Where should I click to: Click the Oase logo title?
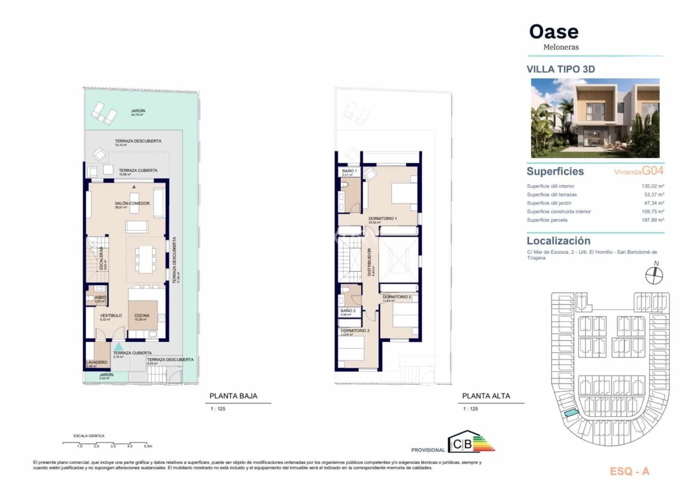(554, 32)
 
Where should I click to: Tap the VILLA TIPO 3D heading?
(560, 69)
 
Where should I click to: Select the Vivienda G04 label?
(638, 171)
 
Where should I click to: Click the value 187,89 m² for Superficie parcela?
(653, 220)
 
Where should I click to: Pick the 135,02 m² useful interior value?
(653, 186)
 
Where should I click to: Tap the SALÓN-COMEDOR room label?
(132, 203)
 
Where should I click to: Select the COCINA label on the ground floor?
(142, 316)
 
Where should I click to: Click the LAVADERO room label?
(96, 362)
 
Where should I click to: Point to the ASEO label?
(100, 297)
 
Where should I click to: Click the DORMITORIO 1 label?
(382, 218)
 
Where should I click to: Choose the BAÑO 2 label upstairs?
(348, 311)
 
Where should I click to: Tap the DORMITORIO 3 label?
(355, 331)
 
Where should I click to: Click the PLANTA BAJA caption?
(233, 396)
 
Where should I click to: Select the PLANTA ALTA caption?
(486, 396)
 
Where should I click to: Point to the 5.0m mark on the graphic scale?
(148, 446)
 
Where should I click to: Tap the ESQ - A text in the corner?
(629, 472)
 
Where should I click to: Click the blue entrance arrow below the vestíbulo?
(118, 346)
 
